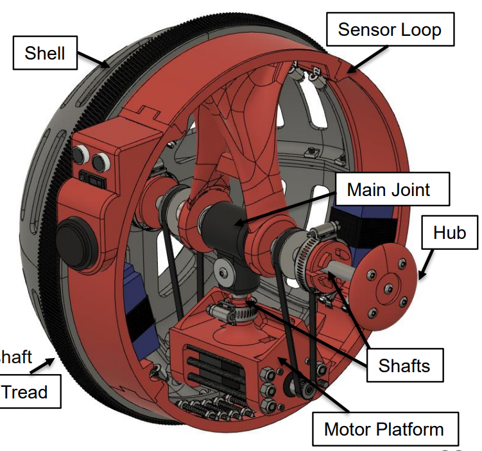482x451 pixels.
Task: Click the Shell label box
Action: tap(44, 52)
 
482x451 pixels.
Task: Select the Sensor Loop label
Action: tap(390, 29)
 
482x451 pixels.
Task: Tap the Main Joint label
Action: tap(388, 190)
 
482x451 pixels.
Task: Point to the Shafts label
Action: tap(404, 365)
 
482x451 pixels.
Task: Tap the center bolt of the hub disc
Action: tap(388, 289)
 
